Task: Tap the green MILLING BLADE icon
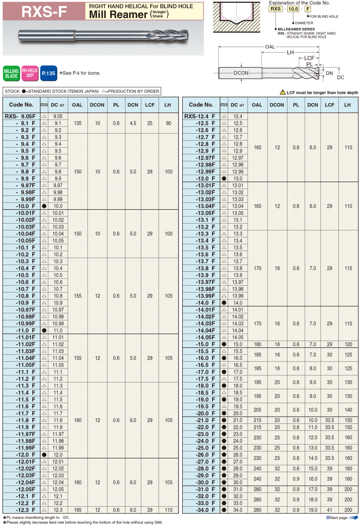pos(11,73)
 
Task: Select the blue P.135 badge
pos(48,73)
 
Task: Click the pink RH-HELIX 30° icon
pos(30,73)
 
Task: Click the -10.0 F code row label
pos(25,206)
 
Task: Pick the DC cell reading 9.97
pos(58,185)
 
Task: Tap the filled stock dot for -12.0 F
pos(44,455)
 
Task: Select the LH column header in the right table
pos(347,105)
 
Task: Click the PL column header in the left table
pos(116,105)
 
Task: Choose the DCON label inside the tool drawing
pos(241,73)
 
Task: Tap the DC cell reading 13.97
pos(238,282)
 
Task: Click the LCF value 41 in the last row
pos(329,510)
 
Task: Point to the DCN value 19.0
pos(312,510)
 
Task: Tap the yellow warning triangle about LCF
pos(283,92)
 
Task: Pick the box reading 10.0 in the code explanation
pos(293,9)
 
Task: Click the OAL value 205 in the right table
pos(257,410)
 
